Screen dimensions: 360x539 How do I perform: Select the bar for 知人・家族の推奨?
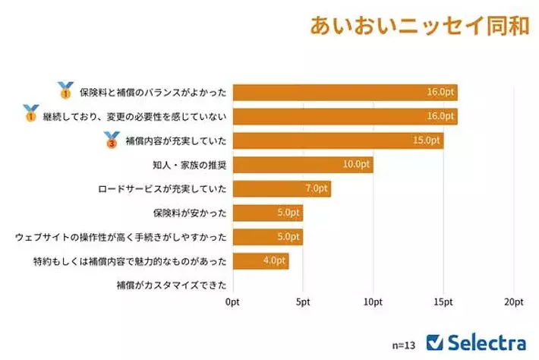(x=302, y=164)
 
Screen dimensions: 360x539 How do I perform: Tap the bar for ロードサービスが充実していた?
(x=281, y=188)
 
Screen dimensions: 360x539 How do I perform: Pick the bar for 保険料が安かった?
(x=267, y=213)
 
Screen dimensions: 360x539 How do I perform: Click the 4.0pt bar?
(x=260, y=261)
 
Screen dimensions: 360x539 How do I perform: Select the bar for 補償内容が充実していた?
(x=337, y=141)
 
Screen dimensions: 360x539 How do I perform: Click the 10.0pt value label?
(x=357, y=164)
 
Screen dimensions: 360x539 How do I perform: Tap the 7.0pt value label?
(x=316, y=188)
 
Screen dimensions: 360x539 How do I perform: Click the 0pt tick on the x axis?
(x=232, y=302)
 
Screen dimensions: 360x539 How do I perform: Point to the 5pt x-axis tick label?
(x=302, y=302)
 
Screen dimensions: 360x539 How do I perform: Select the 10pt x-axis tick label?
(x=373, y=302)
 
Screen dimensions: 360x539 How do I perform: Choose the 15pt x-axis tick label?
(x=443, y=302)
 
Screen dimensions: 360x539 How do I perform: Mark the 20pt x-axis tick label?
(x=514, y=302)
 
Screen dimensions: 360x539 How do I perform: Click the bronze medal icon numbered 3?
(x=112, y=140)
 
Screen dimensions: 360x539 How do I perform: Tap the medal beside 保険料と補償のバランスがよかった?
(x=65, y=91)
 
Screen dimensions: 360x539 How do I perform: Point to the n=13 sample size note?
(x=404, y=344)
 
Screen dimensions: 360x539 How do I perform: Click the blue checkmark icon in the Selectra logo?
(x=436, y=343)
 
